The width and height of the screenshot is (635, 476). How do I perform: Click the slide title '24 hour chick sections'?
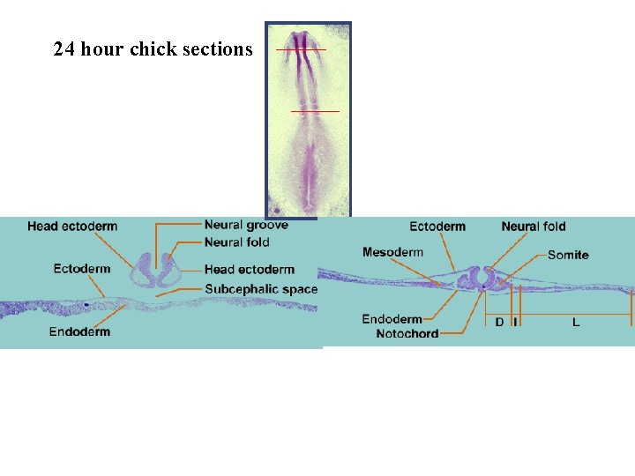[x=153, y=49]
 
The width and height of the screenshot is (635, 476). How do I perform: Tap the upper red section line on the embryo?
[x=301, y=49]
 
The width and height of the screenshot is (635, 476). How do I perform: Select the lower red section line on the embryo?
[x=315, y=111]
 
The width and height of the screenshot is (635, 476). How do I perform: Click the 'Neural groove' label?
[x=246, y=226]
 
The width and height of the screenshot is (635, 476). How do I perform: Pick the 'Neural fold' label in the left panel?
[x=236, y=242]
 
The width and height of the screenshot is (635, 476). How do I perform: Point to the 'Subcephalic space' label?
[x=261, y=289]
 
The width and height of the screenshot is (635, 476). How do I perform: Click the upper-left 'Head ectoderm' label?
[x=72, y=227]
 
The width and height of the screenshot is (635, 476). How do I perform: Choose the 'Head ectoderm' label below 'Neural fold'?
[x=249, y=270]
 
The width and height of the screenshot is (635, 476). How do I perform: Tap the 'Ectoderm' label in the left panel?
[x=82, y=269]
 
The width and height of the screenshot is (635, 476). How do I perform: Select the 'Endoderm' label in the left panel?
[x=79, y=331]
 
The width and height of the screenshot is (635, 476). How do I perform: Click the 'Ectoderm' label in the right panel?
[x=437, y=227]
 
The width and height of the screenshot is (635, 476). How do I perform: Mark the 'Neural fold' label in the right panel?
[x=534, y=227]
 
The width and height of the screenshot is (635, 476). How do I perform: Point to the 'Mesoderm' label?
[x=392, y=252]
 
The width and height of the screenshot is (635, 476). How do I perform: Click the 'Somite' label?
[x=568, y=255]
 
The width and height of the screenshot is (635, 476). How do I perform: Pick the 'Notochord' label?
[x=407, y=334]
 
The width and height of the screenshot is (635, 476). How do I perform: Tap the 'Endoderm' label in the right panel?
[x=392, y=319]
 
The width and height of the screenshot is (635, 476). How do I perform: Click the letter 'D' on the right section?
[x=499, y=323]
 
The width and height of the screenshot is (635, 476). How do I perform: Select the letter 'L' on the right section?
[x=576, y=323]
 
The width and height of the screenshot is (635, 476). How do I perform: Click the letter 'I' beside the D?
[x=516, y=323]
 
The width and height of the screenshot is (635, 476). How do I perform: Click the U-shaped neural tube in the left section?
[x=155, y=271]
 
